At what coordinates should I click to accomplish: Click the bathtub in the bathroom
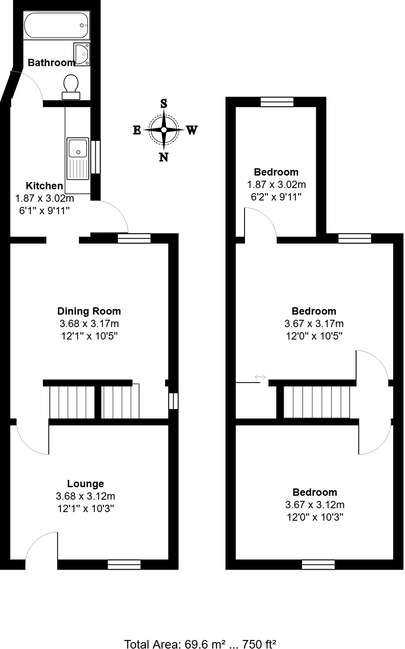coord(56,25)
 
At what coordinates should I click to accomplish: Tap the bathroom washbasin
coord(82,54)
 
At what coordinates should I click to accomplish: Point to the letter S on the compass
coord(163,103)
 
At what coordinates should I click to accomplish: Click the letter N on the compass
coord(163,157)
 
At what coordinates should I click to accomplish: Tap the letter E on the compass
coord(137,130)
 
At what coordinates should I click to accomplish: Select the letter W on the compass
coord(191,130)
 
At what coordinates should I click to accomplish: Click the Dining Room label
coord(89,311)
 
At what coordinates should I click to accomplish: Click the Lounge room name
coord(85,484)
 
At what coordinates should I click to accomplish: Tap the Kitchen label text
coord(45,186)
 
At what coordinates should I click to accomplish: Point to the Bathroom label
coord(51,63)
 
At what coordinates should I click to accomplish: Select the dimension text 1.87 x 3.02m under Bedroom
coord(276,185)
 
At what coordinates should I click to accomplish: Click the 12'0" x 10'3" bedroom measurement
coord(315,517)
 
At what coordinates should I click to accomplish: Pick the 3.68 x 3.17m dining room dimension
coord(89,324)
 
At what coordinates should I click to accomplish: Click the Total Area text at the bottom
coord(200,643)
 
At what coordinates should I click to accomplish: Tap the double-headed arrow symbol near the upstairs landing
coord(260,377)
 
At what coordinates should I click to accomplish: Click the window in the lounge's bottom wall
coord(124,564)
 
